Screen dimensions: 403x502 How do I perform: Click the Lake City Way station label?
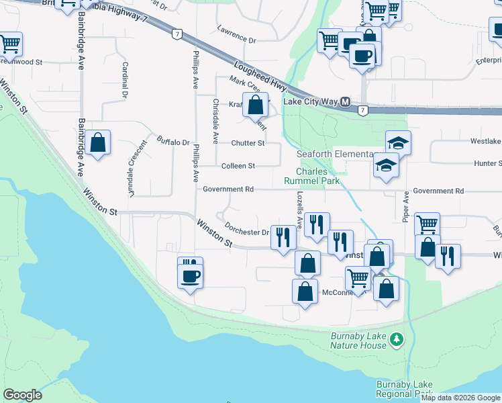click(310, 102)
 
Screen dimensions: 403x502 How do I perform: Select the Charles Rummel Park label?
click(315, 176)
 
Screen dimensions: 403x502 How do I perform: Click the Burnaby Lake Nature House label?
click(358, 341)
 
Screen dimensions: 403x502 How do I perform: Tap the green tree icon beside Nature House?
click(397, 340)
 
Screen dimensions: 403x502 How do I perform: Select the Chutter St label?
click(248, 143)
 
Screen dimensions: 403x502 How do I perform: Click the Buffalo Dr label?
click(173, 142)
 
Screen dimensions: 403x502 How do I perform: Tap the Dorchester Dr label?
click(246, 232)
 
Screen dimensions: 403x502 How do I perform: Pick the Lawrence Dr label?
click(236, 40)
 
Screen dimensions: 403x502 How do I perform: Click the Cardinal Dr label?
click(125, 80)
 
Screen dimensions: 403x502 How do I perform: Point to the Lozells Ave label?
click(299, 208)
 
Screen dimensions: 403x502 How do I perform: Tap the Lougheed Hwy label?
click(261, 77)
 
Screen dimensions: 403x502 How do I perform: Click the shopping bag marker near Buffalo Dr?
click(98, 142)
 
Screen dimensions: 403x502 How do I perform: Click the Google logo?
click(22, 395)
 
